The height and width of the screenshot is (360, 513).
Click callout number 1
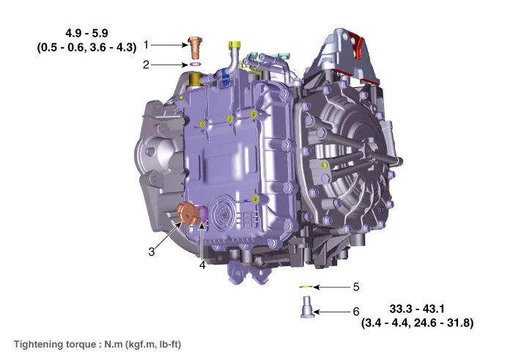pos(147,45)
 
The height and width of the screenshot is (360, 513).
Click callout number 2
pos(146,65)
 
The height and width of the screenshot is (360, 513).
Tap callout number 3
pos(151,251)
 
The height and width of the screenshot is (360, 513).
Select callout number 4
pos(202,265)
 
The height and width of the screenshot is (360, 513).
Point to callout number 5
pos(356,287)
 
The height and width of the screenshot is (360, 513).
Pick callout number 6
pos(356,311)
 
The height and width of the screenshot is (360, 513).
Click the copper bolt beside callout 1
pos(195,48)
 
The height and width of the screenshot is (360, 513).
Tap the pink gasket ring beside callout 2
pos(195,64)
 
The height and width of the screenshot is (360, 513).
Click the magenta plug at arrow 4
pos(204,213)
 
